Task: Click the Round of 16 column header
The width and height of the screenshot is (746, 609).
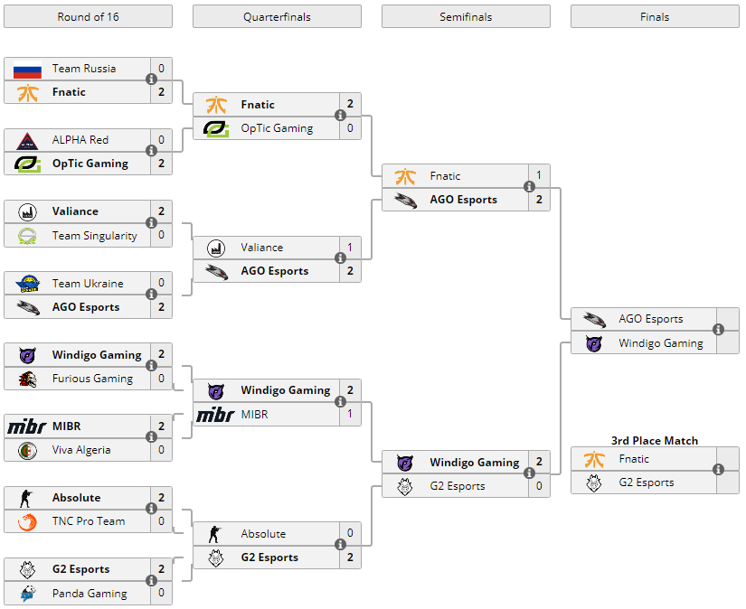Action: click(x=88, y=16)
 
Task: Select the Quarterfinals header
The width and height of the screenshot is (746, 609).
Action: click(x=277, y=16)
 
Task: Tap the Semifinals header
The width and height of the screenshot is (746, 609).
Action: click(x=466, y=16)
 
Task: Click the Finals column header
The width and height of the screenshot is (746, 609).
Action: click(x=655, y=16)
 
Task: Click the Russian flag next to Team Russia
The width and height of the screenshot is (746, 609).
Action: click(x=27, y=69)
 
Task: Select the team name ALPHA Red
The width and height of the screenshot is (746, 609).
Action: click(x=80, y=140)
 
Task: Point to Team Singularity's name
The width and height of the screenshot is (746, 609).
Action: click(x=95, y=236)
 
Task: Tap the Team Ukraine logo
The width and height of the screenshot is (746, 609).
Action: click(x=27, y=284)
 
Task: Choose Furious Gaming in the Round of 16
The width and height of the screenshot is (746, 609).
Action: click(x=92, y=379)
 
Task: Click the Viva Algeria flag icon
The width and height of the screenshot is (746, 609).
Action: click(x=27, y=450)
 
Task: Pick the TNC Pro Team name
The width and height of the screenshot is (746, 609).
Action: click(x=89, y=521)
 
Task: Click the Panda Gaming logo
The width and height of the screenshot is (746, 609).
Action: click(x=27, y=594)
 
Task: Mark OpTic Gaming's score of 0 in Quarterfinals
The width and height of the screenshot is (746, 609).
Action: click(x=350, y=128)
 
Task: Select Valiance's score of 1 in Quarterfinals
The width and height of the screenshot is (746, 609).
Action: click(x=350, y=248)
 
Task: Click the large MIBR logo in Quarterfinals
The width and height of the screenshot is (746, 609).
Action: click(x=215, y=415)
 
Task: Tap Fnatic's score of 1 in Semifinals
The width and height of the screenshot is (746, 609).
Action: click(x=539, y=176)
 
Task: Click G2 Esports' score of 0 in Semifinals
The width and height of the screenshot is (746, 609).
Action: click(x=539, y=486)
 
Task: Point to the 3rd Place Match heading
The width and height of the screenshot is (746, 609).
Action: click(x=655, y=440)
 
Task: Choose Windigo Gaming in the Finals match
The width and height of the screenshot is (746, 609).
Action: click(x=660, y=343)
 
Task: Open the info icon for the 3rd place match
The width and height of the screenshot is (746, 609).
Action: click(x=718, y=470)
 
